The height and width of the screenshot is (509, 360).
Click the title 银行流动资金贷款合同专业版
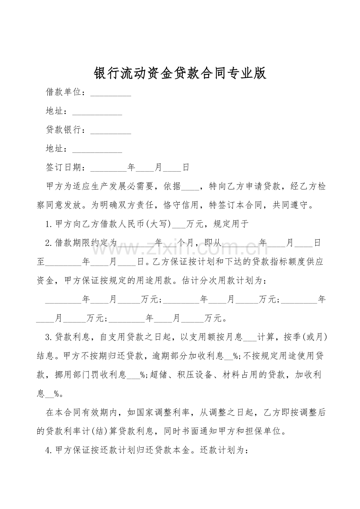(180, 73)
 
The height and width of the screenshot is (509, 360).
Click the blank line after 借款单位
(111, 93)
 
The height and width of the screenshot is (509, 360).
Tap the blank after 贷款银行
(111, 131)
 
